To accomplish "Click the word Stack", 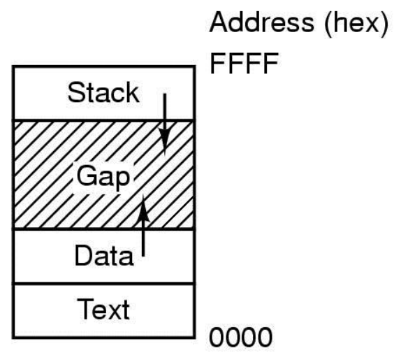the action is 103,92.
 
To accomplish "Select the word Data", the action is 104,255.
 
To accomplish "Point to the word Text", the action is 104,309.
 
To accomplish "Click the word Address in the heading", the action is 261,22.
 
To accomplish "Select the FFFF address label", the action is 244,63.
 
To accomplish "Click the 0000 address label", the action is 241,337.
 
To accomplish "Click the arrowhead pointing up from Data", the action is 143,208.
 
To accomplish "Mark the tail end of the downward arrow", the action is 165,94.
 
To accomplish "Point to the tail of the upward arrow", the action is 143,255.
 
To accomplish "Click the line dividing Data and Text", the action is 104,284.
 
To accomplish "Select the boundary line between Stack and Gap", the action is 104,121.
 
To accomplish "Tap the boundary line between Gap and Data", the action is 104,229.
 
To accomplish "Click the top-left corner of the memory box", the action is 13,66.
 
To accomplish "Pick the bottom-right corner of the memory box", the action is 194,338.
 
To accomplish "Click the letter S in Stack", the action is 75,92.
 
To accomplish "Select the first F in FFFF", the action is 217,63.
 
